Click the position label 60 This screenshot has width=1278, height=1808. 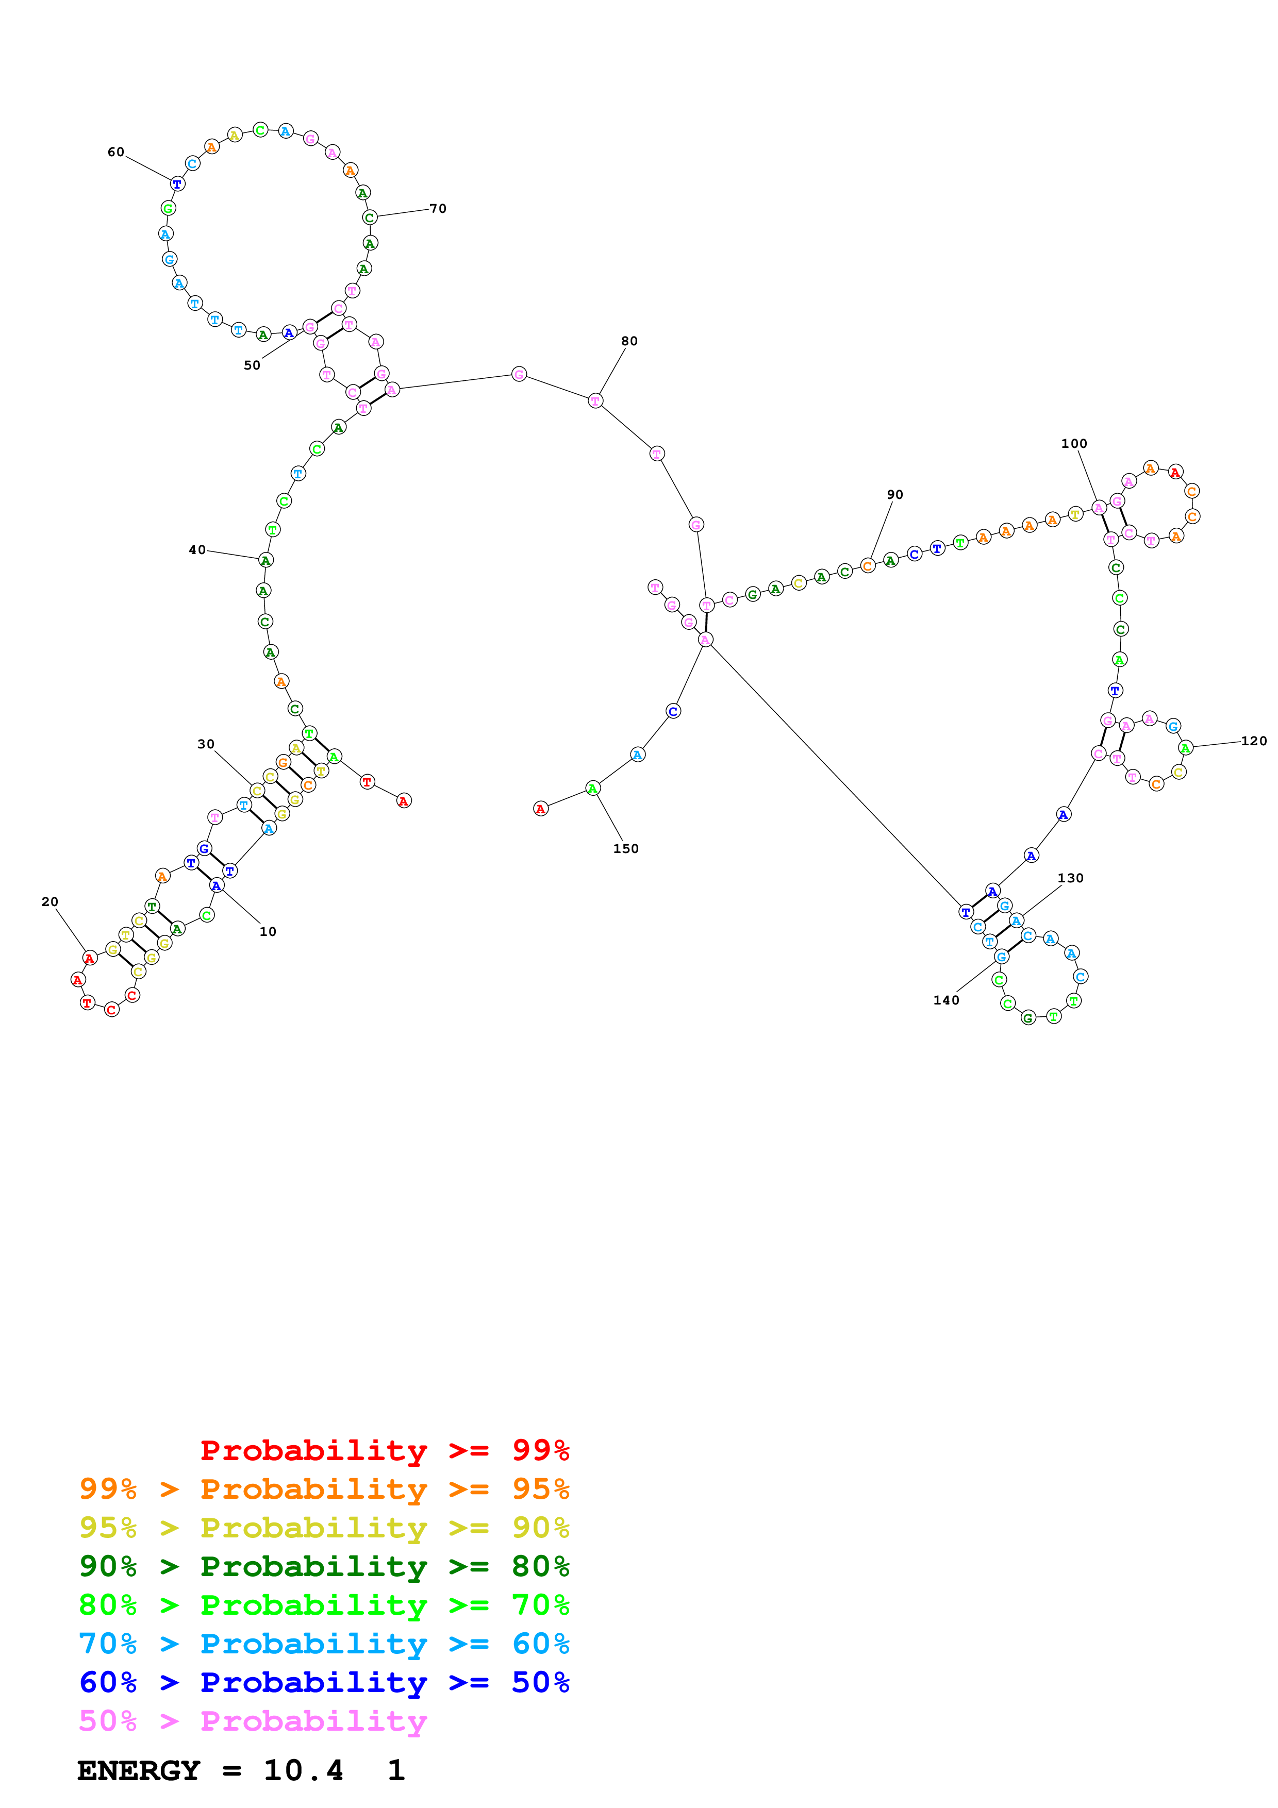[x=116, y=152]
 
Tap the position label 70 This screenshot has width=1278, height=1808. [x=438, y=209]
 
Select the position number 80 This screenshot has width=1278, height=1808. [x=629, y=341]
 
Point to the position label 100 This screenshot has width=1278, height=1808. [x=1074, y=443]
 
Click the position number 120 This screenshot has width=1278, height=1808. [x=1254, y=741]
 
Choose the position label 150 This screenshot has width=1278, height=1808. [x=626, y=849]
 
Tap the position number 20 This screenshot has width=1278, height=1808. [x=49, y=901]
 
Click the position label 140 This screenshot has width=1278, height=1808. [x=947, y=1000]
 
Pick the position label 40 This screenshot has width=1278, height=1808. [x=197, y=549]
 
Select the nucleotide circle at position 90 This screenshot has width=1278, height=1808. [x=868, y=565]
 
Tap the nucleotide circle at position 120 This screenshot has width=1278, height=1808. [x=1186, y=748]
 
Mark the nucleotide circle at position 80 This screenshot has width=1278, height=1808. [x=595, y=401]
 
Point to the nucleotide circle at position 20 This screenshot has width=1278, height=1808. [x=90, y=958]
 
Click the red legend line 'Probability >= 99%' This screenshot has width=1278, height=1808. [x=384, y=1450]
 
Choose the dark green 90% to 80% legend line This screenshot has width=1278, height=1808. [x=324, y=1566]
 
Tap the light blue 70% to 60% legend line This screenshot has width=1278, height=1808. [x=324, y=1644]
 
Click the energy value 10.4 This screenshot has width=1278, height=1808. [x=303, y=1770]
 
